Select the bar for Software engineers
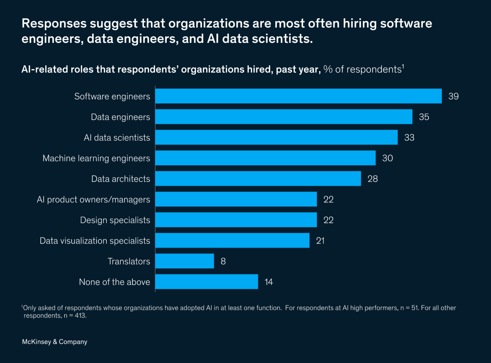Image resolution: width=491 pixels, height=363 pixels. coord(298,96)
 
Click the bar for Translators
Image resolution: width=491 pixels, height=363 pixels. coord(184,261)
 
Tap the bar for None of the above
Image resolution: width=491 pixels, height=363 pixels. coord(206,282)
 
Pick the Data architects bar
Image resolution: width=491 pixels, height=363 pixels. coord(258,178)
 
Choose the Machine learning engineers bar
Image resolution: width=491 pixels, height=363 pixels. coord(265,158)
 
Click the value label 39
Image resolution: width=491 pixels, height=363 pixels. coord(454,96)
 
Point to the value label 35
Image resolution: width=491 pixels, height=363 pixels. coord(424,117)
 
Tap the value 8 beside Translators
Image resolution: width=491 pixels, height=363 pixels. coord(223,261)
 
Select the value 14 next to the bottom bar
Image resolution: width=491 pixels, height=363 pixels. coord(269,282)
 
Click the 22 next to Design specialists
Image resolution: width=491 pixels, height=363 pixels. coord(328,220)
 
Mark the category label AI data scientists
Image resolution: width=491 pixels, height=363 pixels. coord(117,138)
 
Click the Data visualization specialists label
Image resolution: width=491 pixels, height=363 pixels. coord(95,241)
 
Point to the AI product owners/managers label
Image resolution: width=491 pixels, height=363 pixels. coord(93,200)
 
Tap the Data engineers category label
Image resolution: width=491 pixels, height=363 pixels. coord(120,117)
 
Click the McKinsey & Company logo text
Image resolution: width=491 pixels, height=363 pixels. coord(55,342)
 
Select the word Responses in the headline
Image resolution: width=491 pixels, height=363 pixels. coord(54,23)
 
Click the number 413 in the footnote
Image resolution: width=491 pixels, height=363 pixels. coord(80,316)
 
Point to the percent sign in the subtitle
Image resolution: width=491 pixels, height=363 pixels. coord(328,69)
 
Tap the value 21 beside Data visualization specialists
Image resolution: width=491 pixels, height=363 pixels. coord(320,241)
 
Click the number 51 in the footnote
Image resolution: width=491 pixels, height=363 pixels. coord(414,308)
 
